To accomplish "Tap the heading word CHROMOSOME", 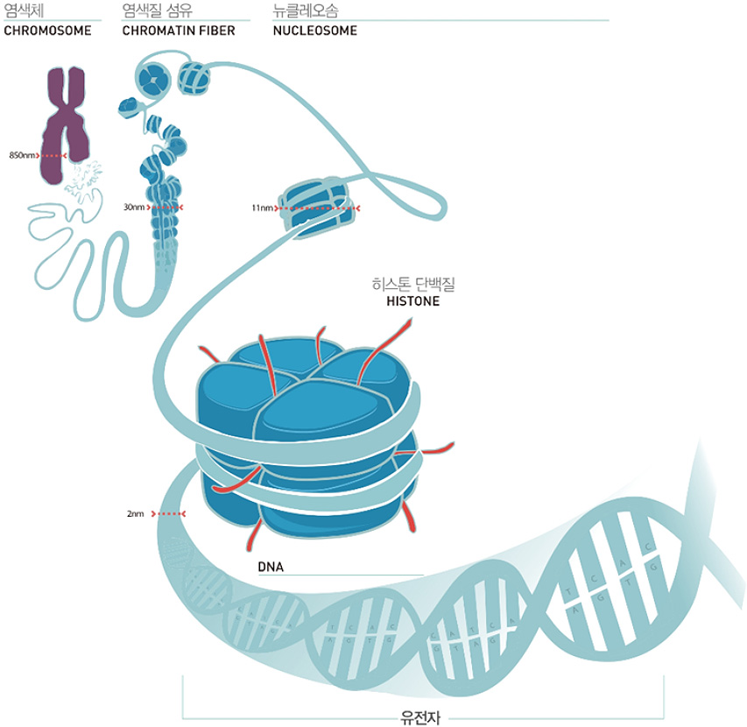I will point(47,31).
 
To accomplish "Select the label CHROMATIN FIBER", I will point(179,31).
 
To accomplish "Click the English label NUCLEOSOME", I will point(315,31).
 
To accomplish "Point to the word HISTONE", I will point(412,302).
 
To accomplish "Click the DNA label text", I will point(271,567).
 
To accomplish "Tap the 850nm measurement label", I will point(22,155).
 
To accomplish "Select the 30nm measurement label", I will point(134,208).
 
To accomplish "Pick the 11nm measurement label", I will point(262,208).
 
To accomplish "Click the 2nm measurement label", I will point(135,513).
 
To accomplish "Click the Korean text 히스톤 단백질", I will point(414,285).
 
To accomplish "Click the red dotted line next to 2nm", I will point(170,513).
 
